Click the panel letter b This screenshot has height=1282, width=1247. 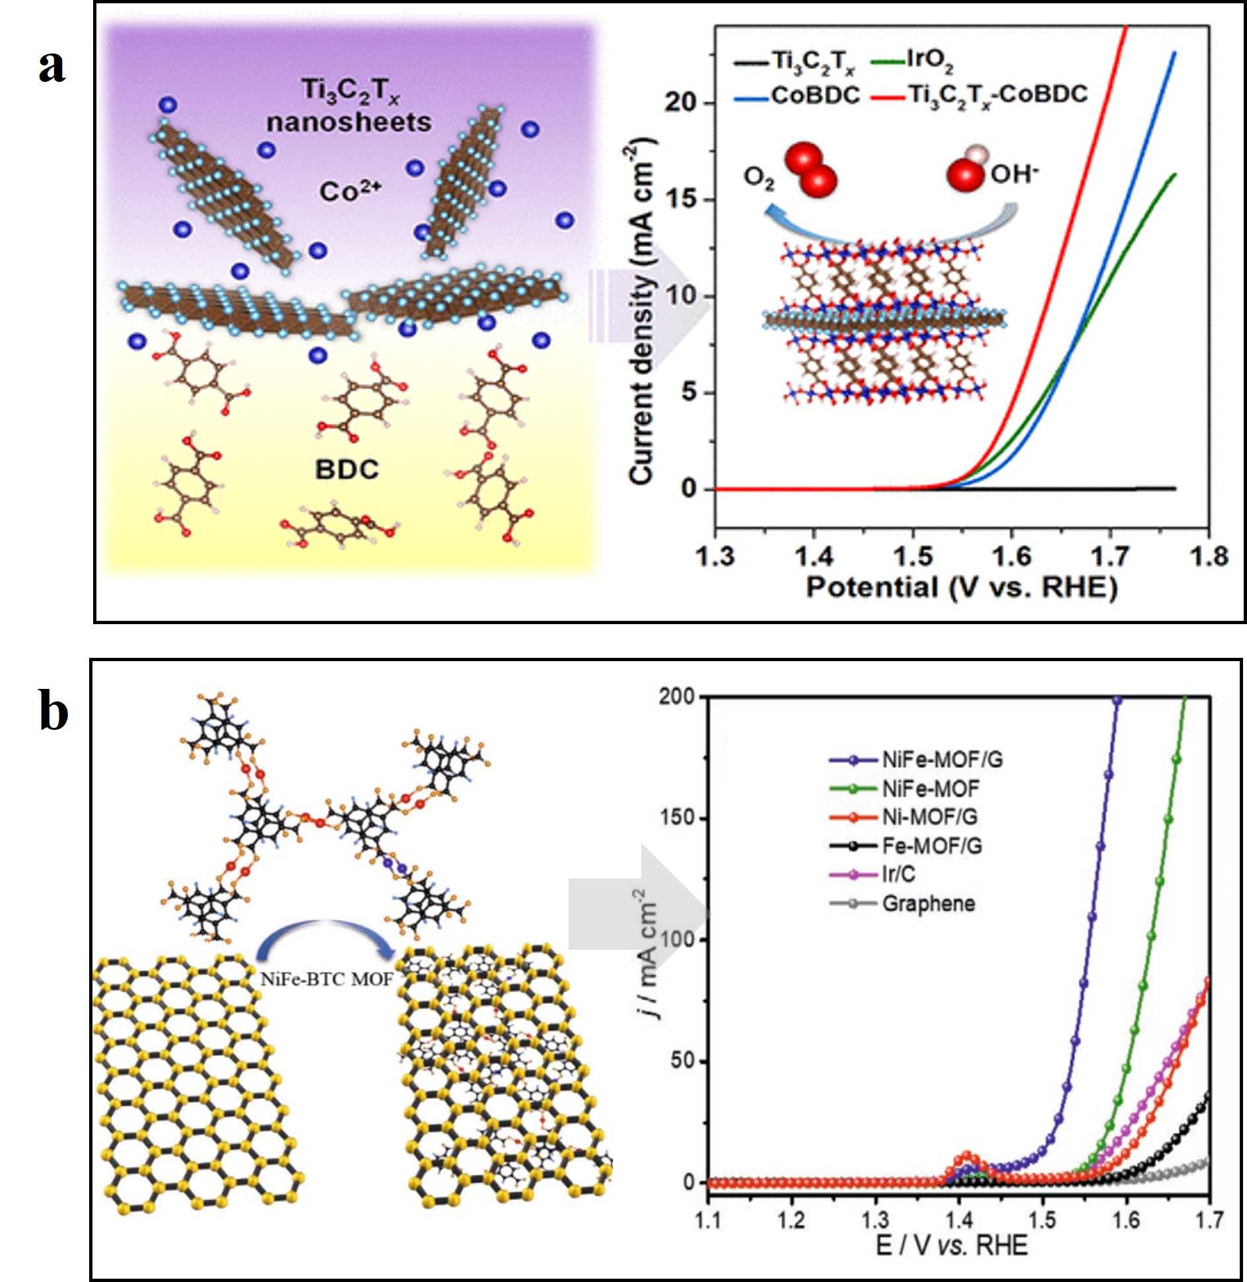pos(53,711)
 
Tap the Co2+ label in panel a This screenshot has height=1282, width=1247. pos(350,192)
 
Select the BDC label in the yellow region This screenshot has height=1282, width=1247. pos(347,469)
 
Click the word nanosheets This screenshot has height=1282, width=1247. pos(349,122)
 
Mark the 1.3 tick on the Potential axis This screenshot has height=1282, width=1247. pos(715,557)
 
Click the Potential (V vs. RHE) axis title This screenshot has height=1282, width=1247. pos(961,587)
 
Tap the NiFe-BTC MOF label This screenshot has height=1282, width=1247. pos(326,979)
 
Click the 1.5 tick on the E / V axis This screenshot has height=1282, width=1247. pos(1042,1219)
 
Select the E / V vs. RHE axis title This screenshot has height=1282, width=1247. pos(951,1246)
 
